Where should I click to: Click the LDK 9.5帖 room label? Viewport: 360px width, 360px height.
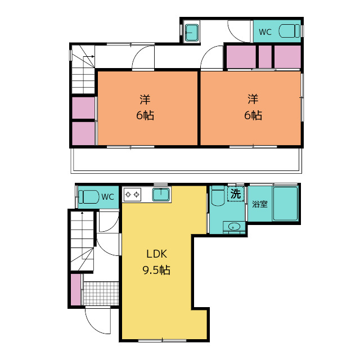point(156,262)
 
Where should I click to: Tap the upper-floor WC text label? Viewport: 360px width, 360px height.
point(265,32)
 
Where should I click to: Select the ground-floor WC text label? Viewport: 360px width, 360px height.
point(107,197)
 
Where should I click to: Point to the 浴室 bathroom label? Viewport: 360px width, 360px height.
point(260,204)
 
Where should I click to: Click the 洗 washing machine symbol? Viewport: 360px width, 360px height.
point(236,194)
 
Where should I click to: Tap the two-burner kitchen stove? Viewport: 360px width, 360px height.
point(132,195)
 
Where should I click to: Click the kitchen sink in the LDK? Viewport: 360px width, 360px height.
point(161,195)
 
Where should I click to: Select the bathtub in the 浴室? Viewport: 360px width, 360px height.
point(285,204)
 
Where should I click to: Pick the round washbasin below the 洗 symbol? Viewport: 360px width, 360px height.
point(234,227)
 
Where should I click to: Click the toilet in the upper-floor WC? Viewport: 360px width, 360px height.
point(289,31)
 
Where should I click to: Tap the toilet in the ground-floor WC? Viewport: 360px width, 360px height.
point(89,197)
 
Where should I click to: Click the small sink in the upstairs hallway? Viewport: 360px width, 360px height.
point(192,33)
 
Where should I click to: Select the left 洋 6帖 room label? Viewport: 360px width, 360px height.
point(145,107)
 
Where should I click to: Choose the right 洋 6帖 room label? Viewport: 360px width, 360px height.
point(253,107)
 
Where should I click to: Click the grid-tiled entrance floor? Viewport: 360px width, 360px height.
point(101,294)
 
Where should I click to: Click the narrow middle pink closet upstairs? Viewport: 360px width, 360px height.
point(265,57)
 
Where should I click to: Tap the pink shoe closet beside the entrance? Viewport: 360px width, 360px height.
point(75,290)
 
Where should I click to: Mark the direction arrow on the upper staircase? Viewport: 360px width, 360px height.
point(88,56)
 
